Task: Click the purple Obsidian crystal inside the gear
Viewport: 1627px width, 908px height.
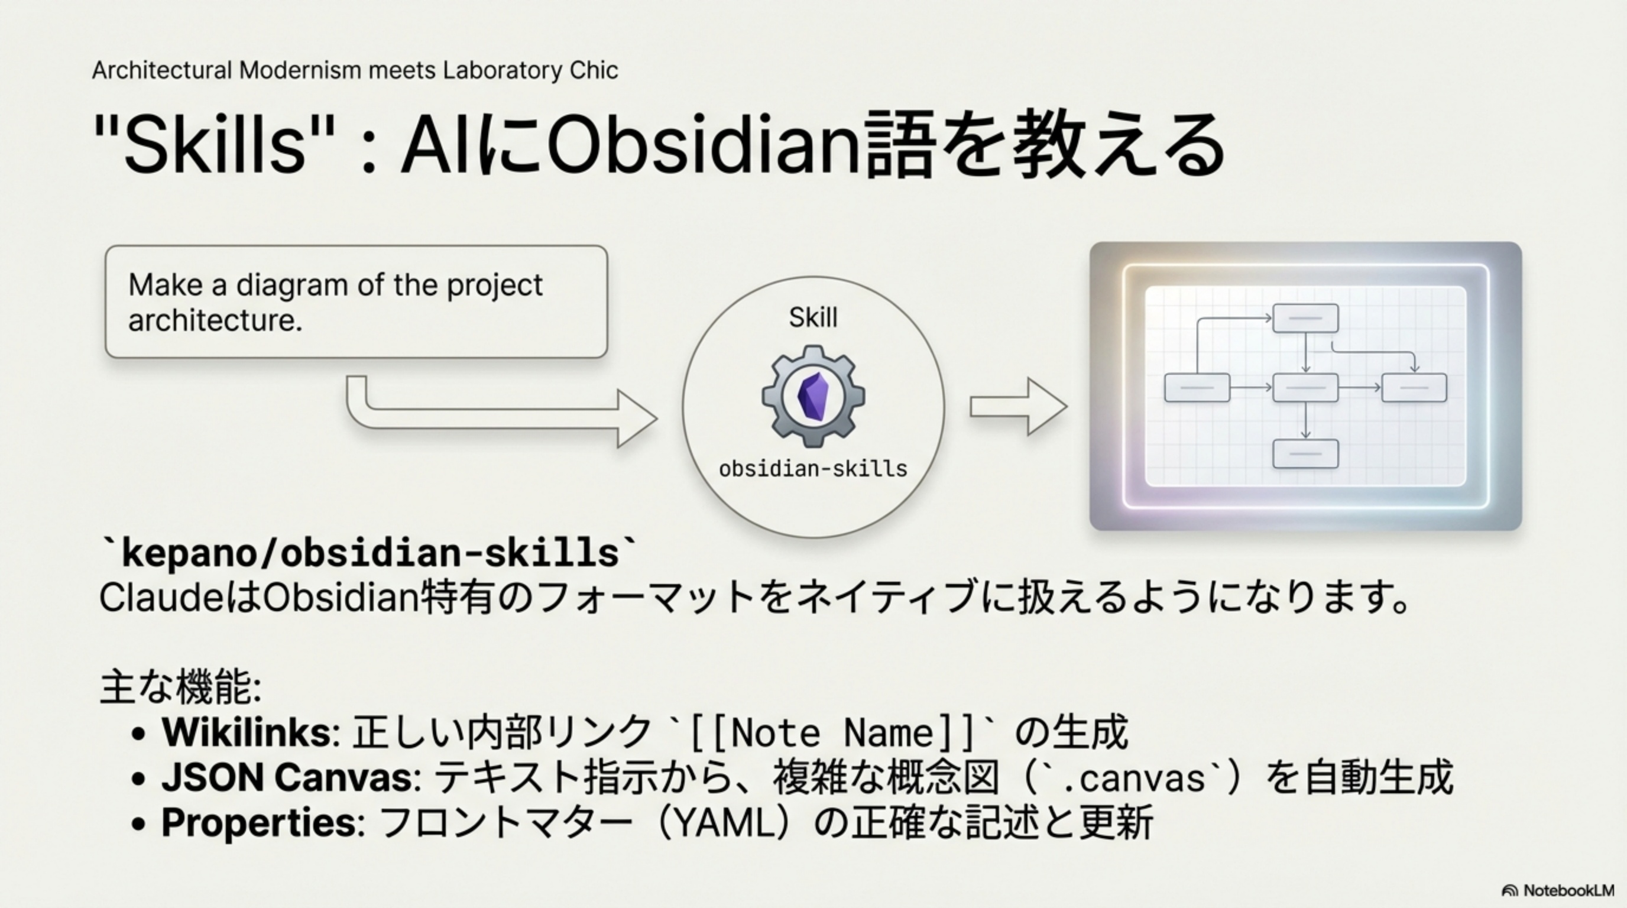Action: tap(813, 397)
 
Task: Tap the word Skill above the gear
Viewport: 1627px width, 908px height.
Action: tap(813, 317)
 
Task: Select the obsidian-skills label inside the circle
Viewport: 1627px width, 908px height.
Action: tap(813, 469)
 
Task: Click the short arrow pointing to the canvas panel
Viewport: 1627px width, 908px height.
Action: tap(1018, 407)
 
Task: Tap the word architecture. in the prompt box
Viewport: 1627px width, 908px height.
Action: tap(215, 320)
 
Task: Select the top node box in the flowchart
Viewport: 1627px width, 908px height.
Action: tap(1305, 318)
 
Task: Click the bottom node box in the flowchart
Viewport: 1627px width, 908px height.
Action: tap(1305, 454)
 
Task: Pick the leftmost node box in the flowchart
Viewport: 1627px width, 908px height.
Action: tap(1197, 388)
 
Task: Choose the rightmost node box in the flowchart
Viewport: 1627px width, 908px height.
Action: tap(1414, 388)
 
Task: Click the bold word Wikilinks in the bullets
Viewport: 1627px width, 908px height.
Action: tap(246, 732)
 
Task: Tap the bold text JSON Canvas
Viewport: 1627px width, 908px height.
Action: tap(287, 777)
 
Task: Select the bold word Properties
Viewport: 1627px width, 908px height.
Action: tap(260, 823)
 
